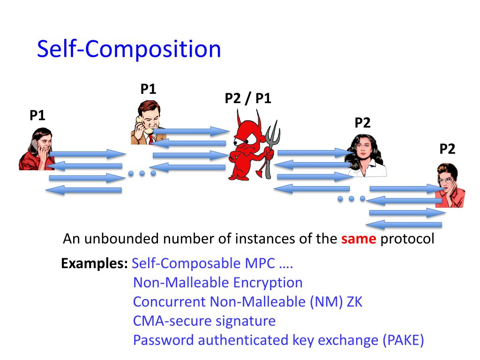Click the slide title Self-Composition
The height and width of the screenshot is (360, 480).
coord(129,49)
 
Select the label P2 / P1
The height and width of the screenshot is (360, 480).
coord(248,98)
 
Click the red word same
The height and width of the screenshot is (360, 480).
coord(359,239)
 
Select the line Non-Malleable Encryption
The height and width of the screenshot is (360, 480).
coord(218,283)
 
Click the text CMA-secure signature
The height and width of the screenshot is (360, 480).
coord(204,321)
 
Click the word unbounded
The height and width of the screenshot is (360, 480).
coord(122,239)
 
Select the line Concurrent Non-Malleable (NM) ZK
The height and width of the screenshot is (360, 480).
coord(247,302)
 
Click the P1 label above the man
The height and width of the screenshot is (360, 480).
coord(148,89)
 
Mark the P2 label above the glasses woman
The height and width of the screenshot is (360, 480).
coord(447,149)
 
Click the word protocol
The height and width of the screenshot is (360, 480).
coord(407,239)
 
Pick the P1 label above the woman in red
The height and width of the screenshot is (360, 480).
coord(37,115)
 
